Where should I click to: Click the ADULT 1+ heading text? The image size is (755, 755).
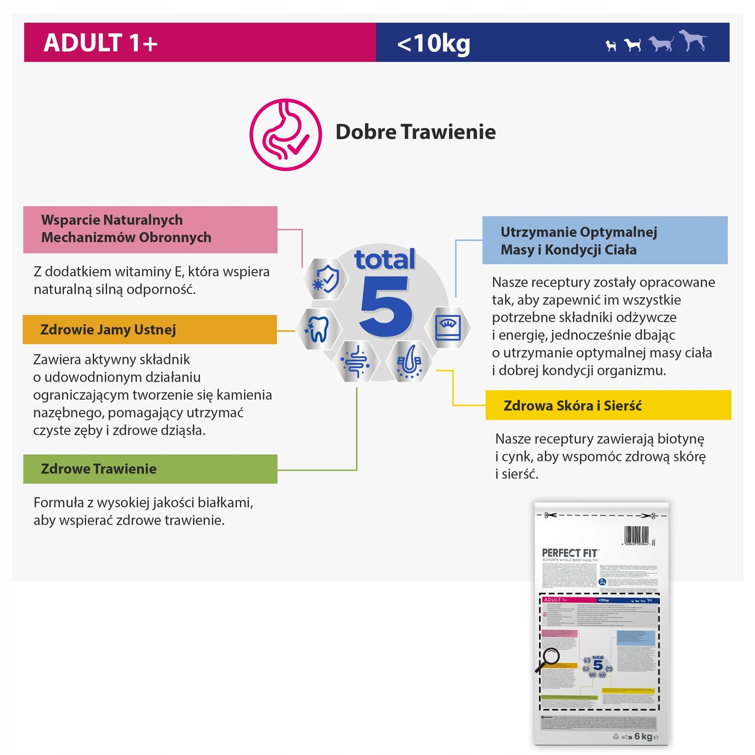point(101,43)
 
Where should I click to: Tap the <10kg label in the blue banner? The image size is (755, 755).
point(434,44)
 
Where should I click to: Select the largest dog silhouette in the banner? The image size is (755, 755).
point(693,40)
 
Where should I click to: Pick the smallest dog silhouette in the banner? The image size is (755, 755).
point(610,46)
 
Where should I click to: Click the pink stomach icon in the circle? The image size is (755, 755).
point(286,135)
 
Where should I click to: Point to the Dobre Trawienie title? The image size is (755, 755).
point(415,132)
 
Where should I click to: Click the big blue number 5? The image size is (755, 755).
point(385,307)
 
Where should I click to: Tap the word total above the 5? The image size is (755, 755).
point(385,260)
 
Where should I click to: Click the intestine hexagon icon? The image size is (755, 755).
point(355,361)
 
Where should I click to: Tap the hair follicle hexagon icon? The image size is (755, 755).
point(409,361)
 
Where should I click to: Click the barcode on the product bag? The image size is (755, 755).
point(637,536)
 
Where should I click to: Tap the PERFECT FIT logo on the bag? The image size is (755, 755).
point(570,553)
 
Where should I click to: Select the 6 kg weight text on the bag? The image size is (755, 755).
point(643,737)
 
